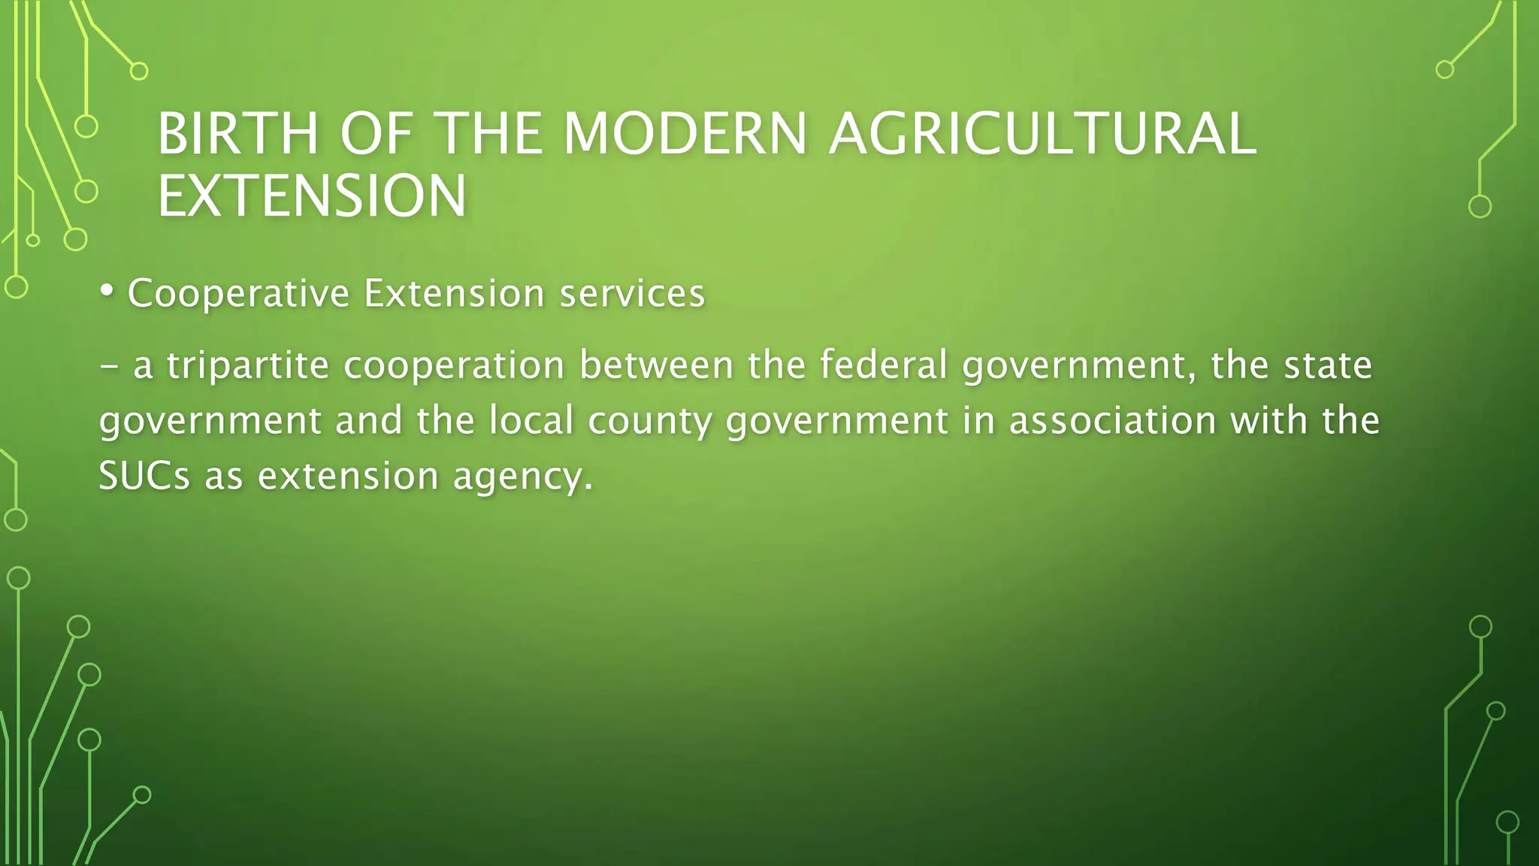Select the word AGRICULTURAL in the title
click(1042, 134)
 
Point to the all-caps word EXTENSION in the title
click(312, 196)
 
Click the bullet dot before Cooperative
click(107, 290)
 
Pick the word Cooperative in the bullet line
click(238, 293)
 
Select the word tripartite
click(248, 366)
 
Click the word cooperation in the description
click(454, 366)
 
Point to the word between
click(656, 366)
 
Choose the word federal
click(883, 366)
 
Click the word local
click(532, 420)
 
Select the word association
click(1112, 420)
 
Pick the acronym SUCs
click(144, 476)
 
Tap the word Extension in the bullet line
click(454, 293)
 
